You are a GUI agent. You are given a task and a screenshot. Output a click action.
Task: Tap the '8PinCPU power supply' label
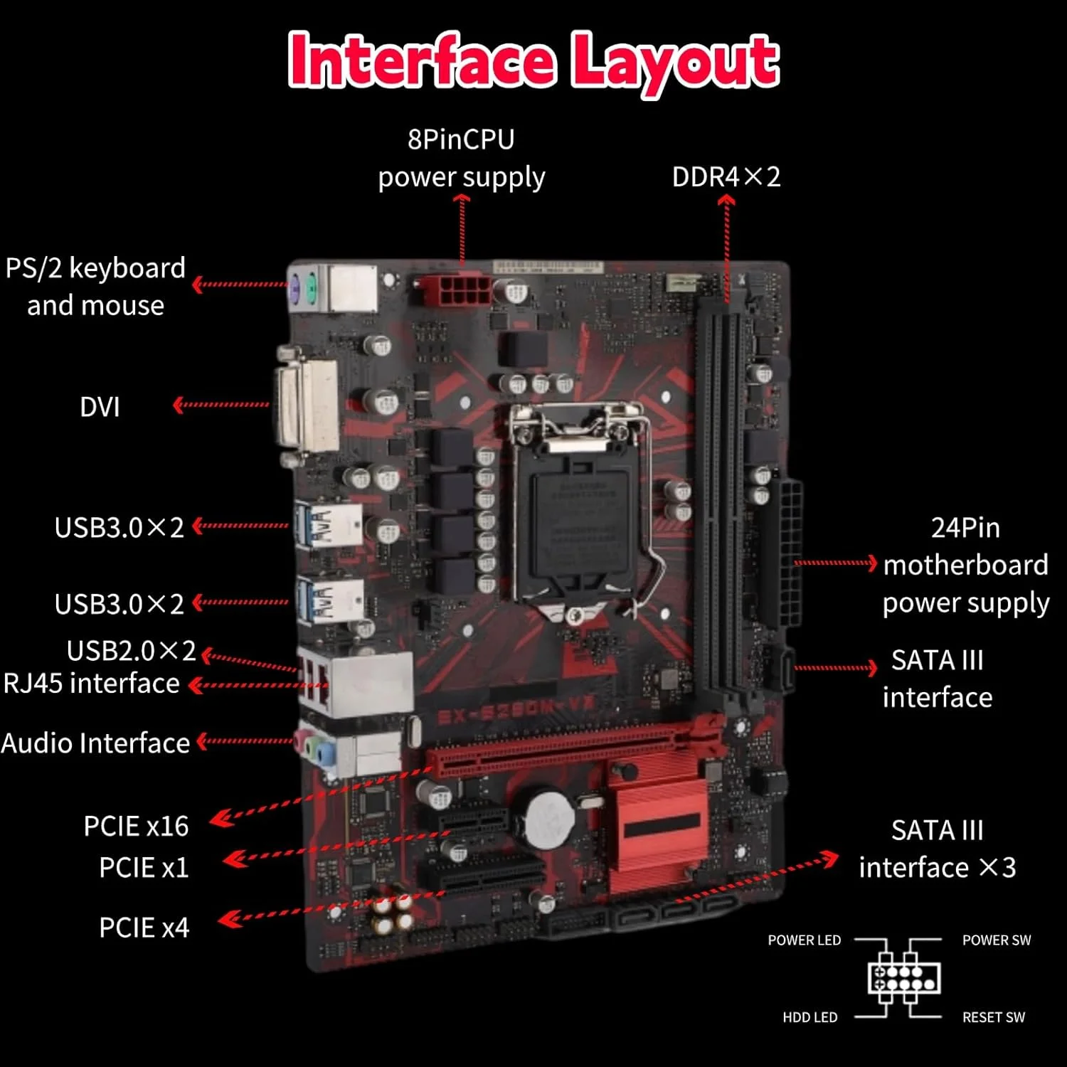(x=461, y=159)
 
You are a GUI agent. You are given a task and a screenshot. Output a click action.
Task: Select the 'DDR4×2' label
(x=726, y=177)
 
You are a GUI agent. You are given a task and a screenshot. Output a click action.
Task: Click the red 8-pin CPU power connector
(x=456, y=290)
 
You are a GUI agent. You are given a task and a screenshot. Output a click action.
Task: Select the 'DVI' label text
(x=100, y=407)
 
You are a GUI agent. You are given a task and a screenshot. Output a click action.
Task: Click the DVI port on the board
(x=308, y=405)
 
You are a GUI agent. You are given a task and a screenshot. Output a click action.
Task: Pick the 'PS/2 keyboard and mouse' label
(x=95, y=287)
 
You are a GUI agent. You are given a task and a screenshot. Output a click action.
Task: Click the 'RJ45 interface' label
(x=92, y=684)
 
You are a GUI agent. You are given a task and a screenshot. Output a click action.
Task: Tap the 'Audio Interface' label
(x=95, y=743)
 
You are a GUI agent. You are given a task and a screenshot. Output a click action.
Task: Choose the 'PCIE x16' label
(x=136, y=826)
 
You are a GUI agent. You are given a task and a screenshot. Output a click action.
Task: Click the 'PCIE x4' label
(x=144, y=928)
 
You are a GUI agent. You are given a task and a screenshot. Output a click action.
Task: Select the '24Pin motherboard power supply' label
(x=965, y=566)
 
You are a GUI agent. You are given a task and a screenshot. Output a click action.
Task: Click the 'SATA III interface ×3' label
(x=937, y=849)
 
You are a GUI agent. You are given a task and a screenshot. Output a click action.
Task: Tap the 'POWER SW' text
(x=996, y=940)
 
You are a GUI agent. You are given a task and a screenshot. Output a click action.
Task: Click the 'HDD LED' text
(x=809, y=1017)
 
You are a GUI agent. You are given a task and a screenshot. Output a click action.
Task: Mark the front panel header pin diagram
(x=903, y=977)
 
